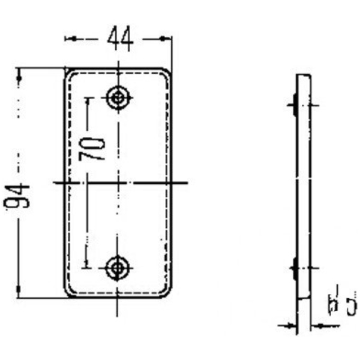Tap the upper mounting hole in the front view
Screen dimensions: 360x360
(x=119, y=97)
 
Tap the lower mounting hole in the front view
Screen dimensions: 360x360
(x=118, y=267)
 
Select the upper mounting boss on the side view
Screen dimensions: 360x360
(x=294, y=104)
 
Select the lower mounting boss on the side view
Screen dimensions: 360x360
(x=294, y=267)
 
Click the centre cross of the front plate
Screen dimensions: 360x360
(x=118, y=182)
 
